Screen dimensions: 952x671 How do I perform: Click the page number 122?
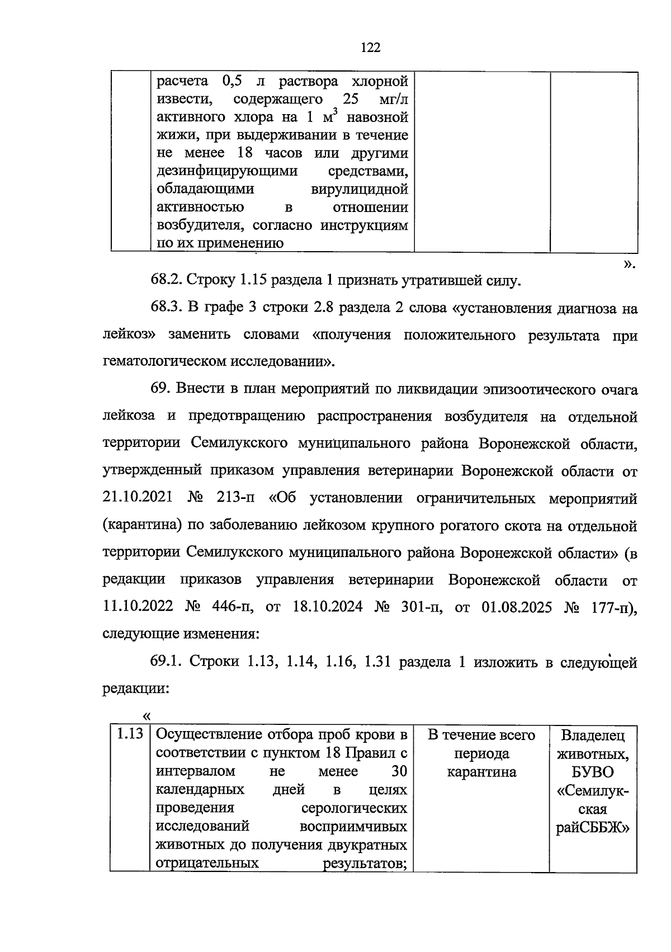[370, 48]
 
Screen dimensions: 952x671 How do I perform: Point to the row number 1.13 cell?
[130, 734]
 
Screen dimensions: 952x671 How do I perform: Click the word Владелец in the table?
[593, 735]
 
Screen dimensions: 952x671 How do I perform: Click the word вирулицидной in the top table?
[358, 189]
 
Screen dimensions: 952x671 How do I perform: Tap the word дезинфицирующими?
[227, 171]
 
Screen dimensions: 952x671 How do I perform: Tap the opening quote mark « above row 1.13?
[147, 717]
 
